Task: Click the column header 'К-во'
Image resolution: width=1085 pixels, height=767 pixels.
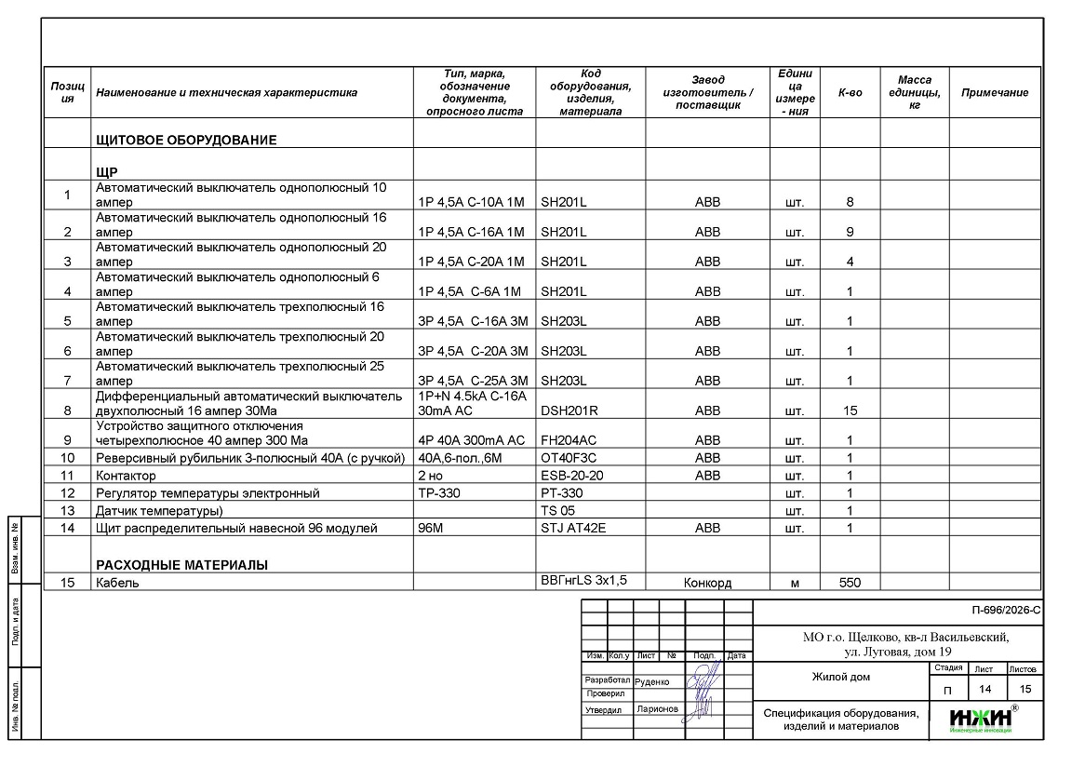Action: coord(850,92)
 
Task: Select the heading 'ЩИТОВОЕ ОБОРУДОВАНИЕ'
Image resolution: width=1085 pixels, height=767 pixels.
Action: coord(186,141)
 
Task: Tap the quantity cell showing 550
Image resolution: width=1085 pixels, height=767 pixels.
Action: coord(850,583)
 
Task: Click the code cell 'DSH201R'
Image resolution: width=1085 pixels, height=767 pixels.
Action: coord(569,410)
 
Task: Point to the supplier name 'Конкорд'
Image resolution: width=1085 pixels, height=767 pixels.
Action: coord(707,583)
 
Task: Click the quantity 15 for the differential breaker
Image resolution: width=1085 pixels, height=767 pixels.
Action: coord(850,410)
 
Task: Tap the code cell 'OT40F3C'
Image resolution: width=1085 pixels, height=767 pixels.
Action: coord(569,458)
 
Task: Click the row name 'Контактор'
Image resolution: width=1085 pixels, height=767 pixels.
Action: coord(127,476)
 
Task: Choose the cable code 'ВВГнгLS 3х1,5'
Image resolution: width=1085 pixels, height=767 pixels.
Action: coord(583,580)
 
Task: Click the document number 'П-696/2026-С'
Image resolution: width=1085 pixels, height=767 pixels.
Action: coord(1005,611)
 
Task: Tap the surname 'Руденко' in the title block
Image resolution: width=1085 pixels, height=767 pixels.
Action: coord(651,681)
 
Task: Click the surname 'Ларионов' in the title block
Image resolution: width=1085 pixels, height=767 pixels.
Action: coord(657,708)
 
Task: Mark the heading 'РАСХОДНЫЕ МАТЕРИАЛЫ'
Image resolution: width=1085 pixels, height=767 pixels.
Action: coord(181,565)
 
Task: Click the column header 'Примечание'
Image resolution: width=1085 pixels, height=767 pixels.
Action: coord(994,92)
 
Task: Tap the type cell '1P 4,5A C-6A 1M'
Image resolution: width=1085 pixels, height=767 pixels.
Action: coord(470,291)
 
